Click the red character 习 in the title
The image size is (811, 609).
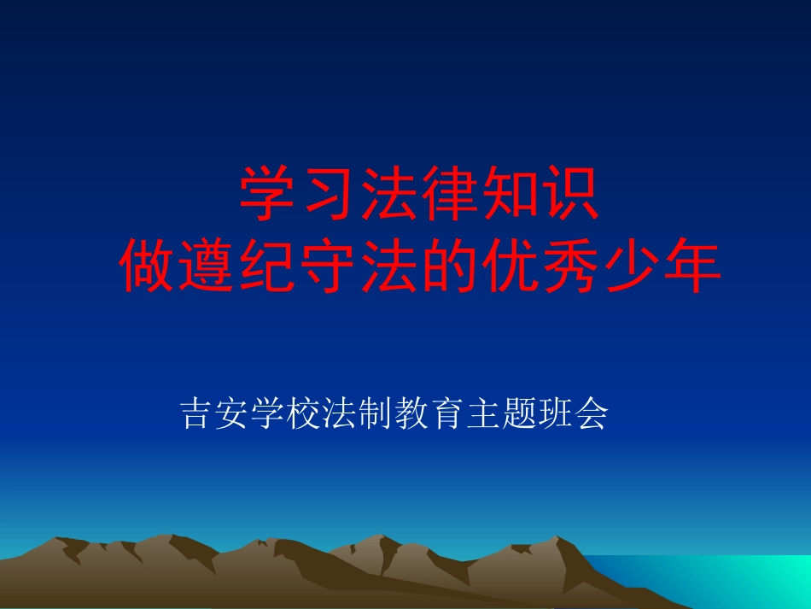[x=330, y=195]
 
